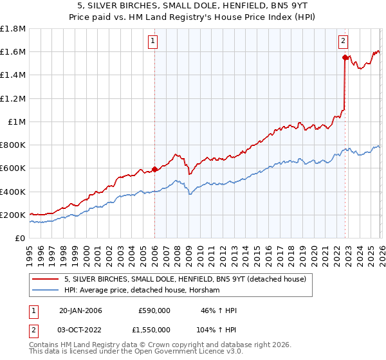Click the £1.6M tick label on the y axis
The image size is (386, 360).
coord(13,52)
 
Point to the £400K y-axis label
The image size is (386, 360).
coord(13,192)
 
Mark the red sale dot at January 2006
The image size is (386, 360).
coord(154,170)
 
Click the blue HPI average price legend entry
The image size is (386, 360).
coord(142,291)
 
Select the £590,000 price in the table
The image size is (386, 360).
coord(154,310)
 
